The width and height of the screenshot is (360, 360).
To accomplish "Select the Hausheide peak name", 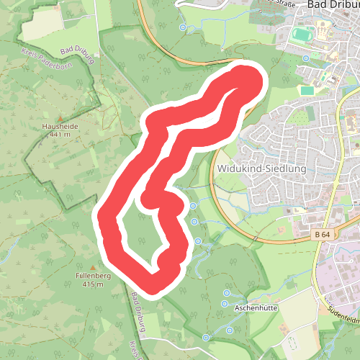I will [60, 127].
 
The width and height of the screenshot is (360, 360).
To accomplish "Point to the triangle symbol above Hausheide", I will [60, 118].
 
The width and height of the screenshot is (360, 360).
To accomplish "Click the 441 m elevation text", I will [60, 135].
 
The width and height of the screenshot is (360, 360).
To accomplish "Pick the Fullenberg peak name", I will [89, 276].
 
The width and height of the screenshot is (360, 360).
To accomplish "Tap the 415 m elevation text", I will [89, 284].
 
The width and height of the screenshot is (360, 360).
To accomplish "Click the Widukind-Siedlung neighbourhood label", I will [261, 168].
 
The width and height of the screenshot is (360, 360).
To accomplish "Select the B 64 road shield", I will [322, 234].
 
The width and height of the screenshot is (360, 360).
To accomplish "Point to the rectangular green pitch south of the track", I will [307, 91].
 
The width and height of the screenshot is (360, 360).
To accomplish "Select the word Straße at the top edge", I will [271, 3].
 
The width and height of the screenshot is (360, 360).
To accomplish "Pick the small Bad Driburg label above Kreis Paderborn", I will [78, 50].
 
